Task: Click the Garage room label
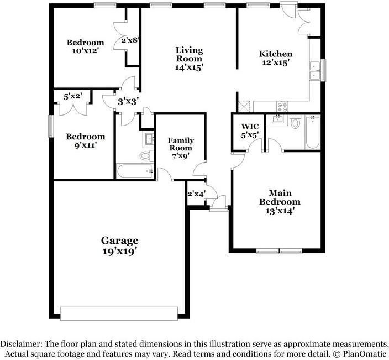[119, 241]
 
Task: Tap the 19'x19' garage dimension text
[119, 252]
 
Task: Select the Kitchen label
[276, 54]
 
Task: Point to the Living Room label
[188, 54]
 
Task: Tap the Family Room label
[180, 144]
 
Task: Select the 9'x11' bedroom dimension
[85, 146]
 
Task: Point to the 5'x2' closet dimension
[72, 96]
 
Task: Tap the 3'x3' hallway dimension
[128, 101]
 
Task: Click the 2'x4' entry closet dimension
[196, 194]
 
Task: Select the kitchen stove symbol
[282, 105]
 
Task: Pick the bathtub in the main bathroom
[312, 132]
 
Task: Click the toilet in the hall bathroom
[145, 155]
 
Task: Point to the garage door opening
[119, 314]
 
